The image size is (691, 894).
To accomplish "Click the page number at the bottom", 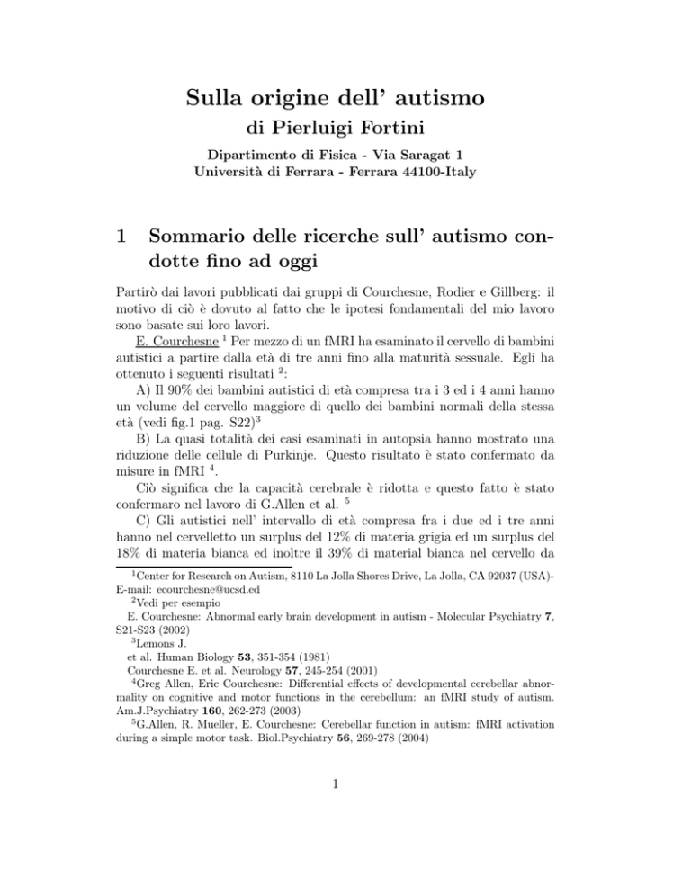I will coord(345,866).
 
